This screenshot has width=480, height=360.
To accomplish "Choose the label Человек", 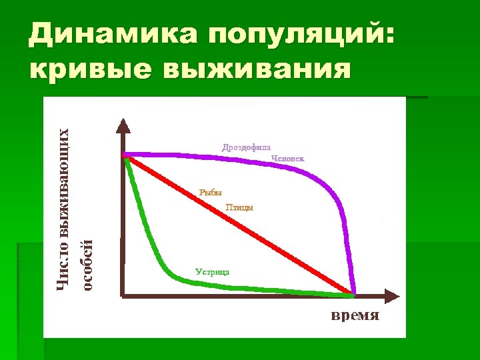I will tap(288, 159).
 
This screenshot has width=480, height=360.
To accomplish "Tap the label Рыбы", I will tap(210, 193).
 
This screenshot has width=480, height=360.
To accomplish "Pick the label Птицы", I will tap(239, 207).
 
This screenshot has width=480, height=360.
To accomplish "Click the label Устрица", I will tap(213, 271).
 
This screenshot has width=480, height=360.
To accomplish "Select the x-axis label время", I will tap(355, 315).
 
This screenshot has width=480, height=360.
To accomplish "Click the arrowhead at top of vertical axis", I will tap(123, 126).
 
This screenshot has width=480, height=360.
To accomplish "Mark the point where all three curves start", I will tap(125, 156).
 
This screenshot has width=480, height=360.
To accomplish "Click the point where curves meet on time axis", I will tap(353, 293).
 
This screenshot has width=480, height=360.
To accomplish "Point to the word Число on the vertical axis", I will tap(63, 271).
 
